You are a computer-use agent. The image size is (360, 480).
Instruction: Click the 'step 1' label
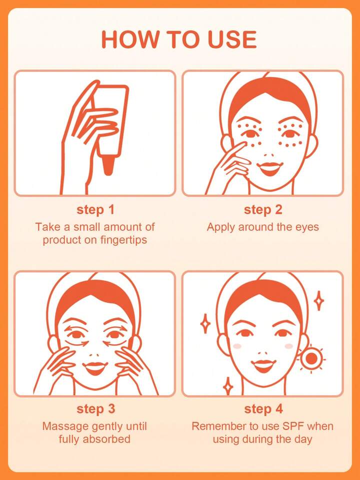[x=95, y=210]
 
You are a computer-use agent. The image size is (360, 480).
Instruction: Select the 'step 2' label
[x=263, y=210]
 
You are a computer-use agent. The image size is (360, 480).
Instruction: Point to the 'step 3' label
[x=95, y=409]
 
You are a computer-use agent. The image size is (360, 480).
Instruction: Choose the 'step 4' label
[x=263, y=409]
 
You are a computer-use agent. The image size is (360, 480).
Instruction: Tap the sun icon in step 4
[x=311, y=358]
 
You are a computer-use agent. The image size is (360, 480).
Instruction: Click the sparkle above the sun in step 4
[x=319, y=300]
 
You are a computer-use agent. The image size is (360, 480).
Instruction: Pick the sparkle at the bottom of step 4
[x=228, y=386]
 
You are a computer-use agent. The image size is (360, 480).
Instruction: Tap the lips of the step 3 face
[x=95, y=368]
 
